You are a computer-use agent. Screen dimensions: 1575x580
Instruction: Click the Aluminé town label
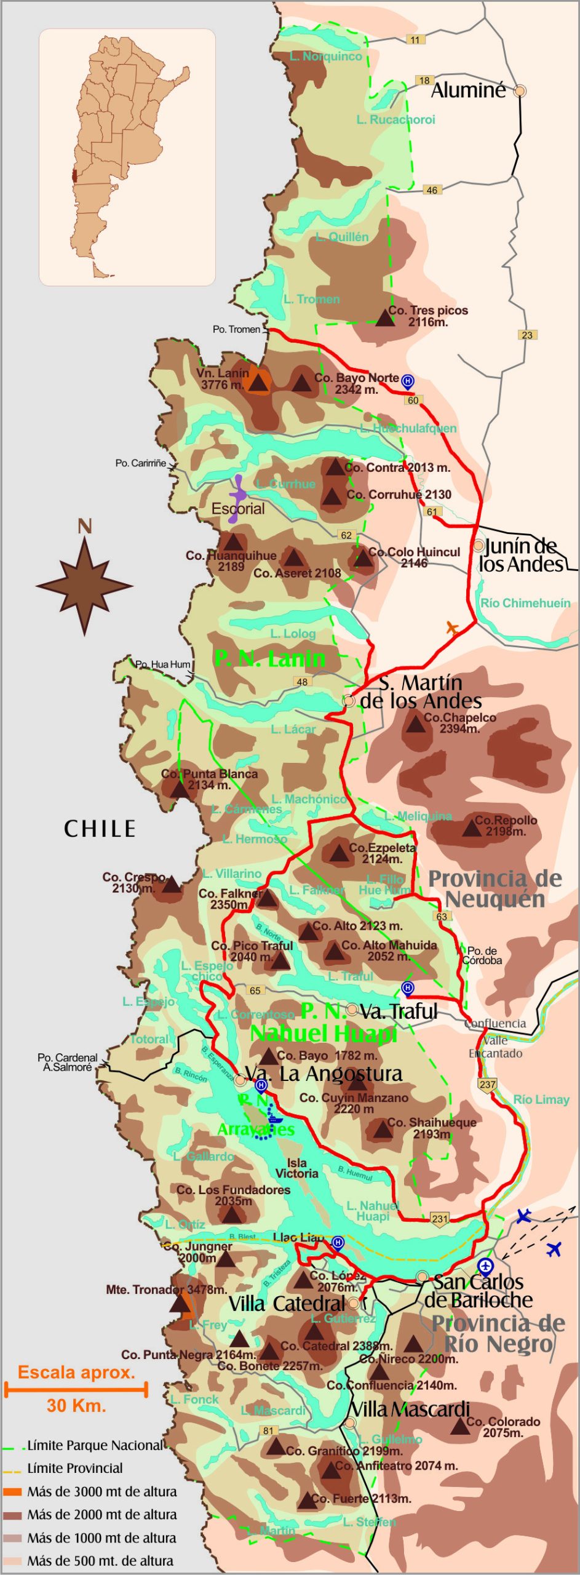coord(469,90)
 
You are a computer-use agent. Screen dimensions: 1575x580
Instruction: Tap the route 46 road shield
coord(432,190)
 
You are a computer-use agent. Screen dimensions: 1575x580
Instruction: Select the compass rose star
coord(84,586)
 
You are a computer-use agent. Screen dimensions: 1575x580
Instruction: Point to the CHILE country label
coord(100,829)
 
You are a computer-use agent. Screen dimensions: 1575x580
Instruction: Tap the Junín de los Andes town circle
coord(479,545)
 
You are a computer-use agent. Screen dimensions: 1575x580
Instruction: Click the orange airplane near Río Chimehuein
coord(453,629)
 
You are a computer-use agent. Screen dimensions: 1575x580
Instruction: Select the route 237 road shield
coord(487,1084)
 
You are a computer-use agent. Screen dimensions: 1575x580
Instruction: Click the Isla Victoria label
coord(296,1168)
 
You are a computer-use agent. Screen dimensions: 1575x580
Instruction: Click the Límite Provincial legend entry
coord(74,1468)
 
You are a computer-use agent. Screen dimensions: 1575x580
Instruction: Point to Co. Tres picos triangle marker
coord(385,318)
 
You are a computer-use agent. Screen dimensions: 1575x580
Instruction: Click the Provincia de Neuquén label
coord(495,889)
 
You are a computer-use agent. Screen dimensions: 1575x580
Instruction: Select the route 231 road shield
coord(440,1218)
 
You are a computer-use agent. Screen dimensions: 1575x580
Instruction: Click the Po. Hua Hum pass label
coord(162,664)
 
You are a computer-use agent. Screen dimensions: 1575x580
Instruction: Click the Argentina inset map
coord(127,157)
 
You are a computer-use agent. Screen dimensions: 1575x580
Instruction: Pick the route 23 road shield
coord(527,335)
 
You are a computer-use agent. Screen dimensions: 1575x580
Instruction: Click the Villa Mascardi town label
coord(410,1409)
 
